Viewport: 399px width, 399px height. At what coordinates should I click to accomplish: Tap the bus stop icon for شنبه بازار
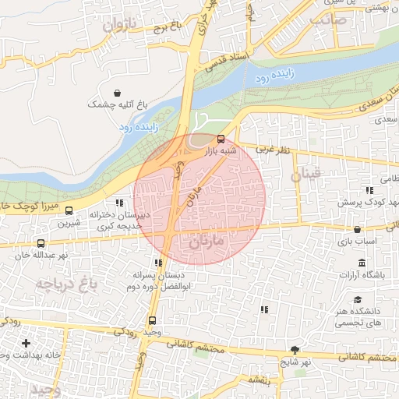(x=221, y=139)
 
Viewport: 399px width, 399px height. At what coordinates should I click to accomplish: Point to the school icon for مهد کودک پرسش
(x=368, y=191)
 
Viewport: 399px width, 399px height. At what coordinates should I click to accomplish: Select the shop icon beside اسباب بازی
(x=358, y=229)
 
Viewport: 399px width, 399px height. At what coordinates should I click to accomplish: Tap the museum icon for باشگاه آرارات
(x=361, y=263)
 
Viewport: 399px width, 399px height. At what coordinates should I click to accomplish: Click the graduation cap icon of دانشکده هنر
(x=358, y=299)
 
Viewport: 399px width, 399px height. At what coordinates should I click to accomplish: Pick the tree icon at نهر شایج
(x=294, y=350)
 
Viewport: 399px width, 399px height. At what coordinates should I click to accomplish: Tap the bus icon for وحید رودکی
(x=152, y=320)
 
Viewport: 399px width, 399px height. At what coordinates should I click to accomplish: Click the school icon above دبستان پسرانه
(x=158, y=263)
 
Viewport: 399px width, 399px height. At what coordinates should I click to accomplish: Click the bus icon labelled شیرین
(x=69, y=210)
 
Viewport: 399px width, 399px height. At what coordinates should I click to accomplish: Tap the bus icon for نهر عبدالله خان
(x=41, y=242)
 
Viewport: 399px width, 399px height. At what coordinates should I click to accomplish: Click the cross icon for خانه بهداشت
(x=26, y=343)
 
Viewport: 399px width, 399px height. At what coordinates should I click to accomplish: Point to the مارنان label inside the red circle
(x=206, y=242)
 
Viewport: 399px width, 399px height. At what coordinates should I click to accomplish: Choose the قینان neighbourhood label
(x=305, y=175)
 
